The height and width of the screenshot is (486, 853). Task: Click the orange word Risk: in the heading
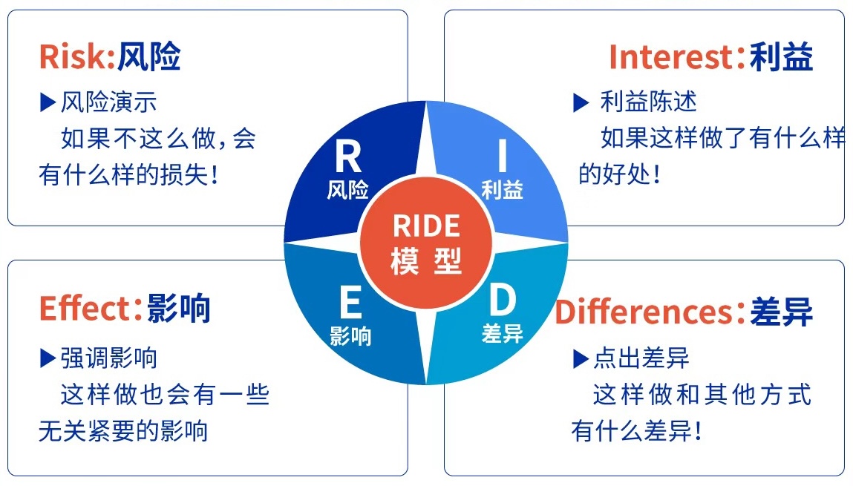pos(76,56)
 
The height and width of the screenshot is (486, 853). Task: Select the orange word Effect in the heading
pos(85,309)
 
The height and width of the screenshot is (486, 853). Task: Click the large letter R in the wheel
pos(347,157)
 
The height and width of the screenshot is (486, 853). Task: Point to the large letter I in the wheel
pos(503,157)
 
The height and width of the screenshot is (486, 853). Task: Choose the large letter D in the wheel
pos(503,301)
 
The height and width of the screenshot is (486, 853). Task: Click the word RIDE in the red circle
pos(426,226)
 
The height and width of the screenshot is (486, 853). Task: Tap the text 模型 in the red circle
pos(426,260)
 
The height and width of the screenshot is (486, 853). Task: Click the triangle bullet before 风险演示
pos(48,102)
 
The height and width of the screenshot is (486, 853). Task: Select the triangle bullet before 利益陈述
pos(581,103)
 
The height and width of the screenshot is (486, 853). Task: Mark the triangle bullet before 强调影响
pos(48,359)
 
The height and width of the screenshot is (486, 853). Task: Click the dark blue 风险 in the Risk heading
pos(148,56)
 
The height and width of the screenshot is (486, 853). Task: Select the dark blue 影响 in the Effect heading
pos(179,309)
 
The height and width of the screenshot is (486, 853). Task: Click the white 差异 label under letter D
pos(503,334)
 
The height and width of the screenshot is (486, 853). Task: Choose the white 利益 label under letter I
pos(503,190)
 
